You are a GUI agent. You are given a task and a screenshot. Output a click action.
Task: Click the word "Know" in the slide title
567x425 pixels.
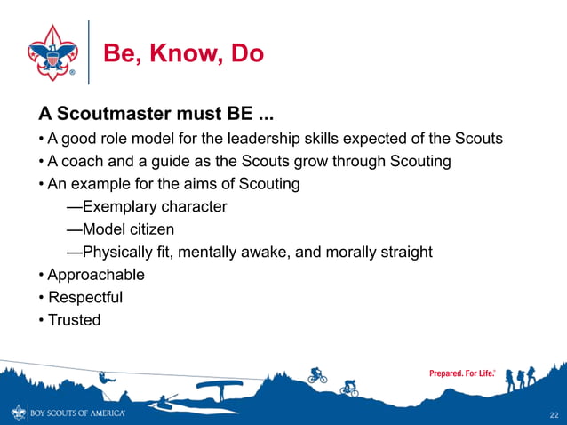(x=184, y=54)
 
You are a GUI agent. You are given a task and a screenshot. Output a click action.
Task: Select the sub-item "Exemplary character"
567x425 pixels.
(x=147, y=207)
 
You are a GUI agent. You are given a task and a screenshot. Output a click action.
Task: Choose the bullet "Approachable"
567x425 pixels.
(x=96, y=275)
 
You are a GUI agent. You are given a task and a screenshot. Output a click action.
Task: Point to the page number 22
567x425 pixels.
(x=554, y=415)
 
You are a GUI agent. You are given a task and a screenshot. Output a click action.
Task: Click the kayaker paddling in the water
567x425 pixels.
(x=164, y=403)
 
